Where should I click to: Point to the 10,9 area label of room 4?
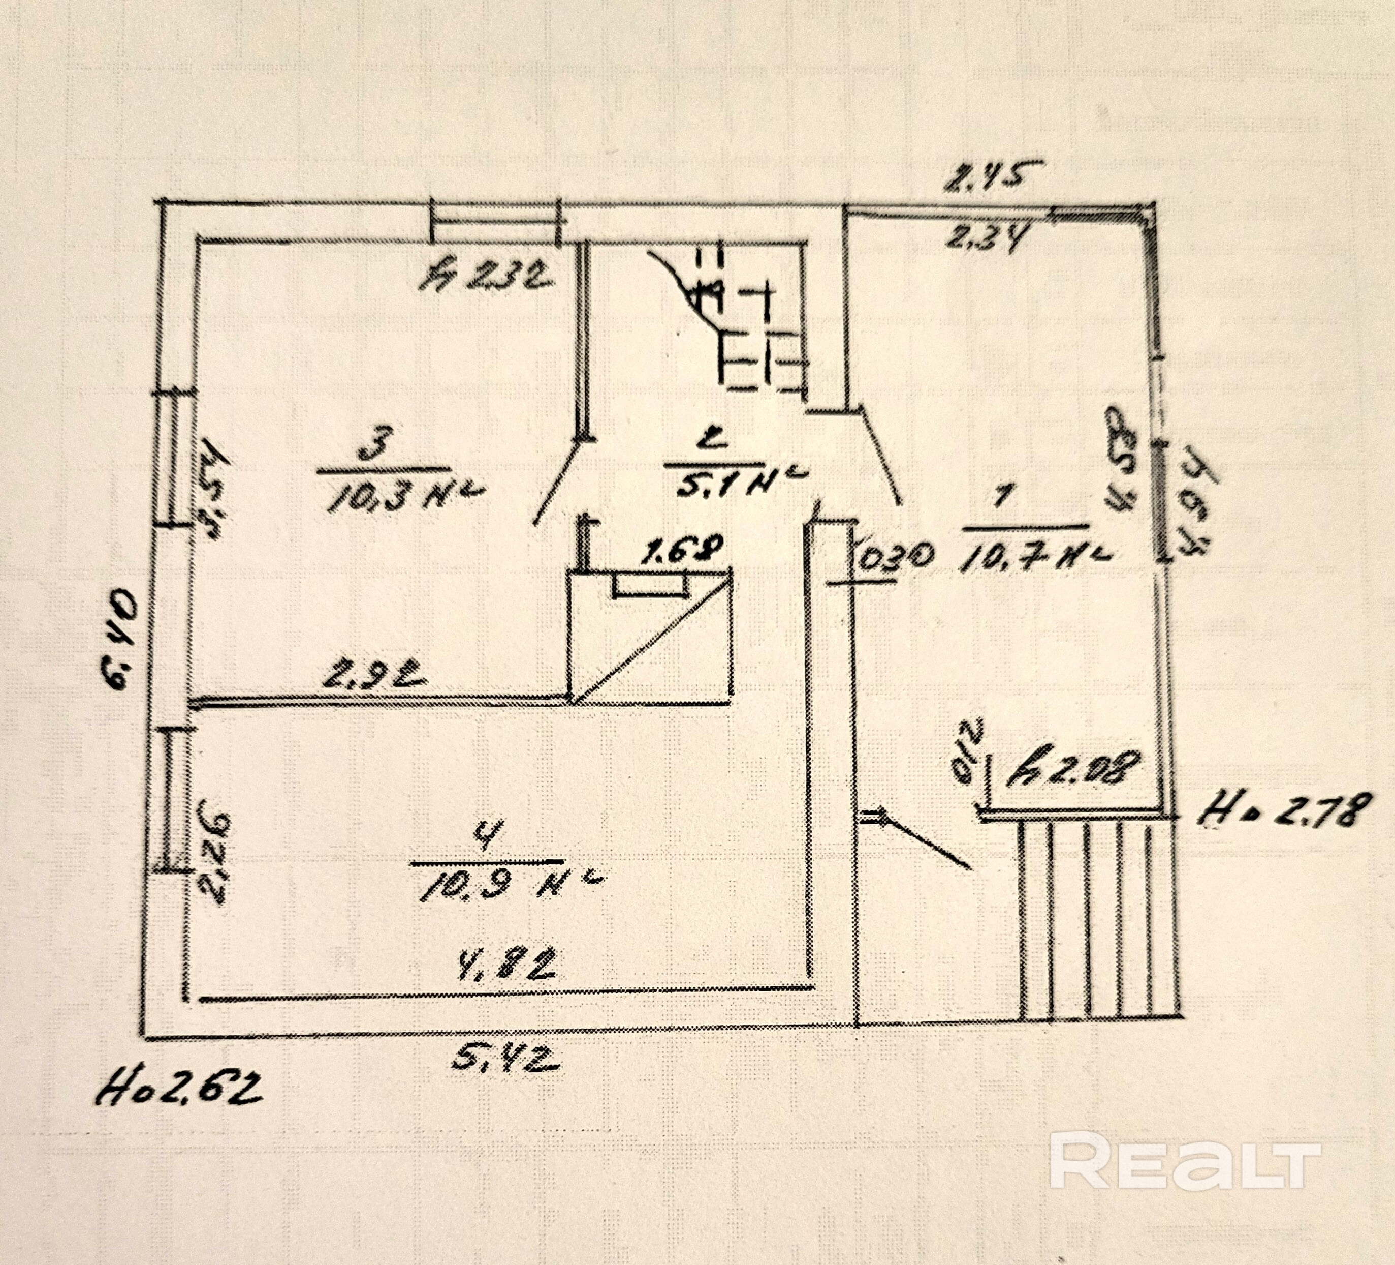coord(511,883)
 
